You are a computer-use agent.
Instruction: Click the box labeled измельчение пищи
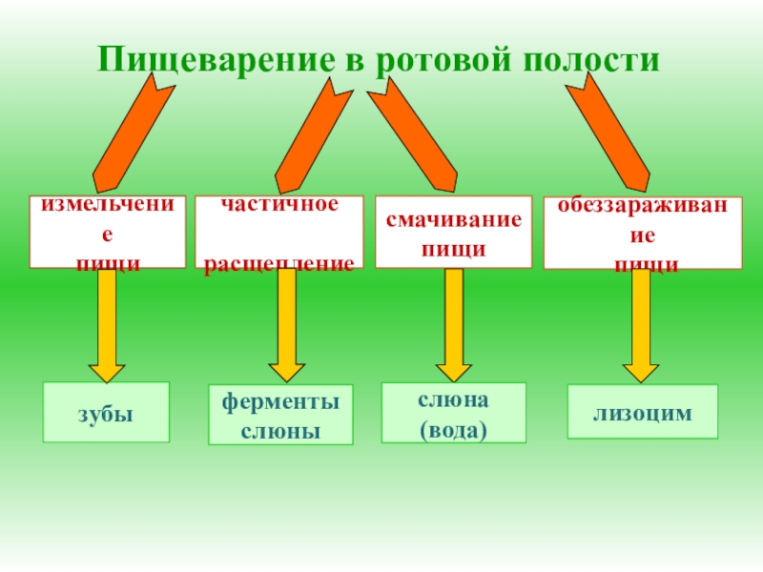pos(107,232)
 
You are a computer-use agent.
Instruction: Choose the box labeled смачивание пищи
pos(454,233)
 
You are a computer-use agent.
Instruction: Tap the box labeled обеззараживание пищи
pos(643,234)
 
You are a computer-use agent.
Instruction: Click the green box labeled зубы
pos(106,412)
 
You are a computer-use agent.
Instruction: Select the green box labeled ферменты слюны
pos(280,415)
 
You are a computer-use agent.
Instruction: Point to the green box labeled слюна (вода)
pos(454,413)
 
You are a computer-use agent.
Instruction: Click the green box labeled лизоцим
pos(642,411)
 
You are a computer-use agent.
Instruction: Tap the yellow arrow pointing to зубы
pos(107,324)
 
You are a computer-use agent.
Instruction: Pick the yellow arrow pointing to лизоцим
pos(641,324)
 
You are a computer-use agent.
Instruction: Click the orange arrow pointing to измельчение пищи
pos(134,133)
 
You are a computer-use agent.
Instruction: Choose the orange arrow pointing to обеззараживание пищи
pos(610,133)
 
